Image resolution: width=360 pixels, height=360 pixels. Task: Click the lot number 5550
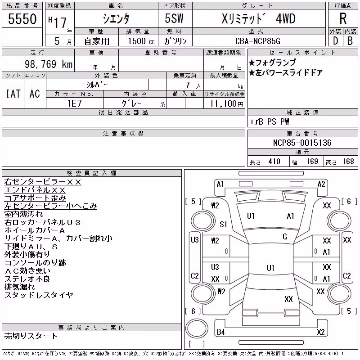click(x=22, y=19)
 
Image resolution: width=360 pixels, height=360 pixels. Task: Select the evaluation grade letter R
click(x=343, y=18)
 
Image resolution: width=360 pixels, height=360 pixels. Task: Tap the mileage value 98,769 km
click(x=49, y=64)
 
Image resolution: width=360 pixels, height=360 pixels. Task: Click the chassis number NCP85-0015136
click(x=302, y=143)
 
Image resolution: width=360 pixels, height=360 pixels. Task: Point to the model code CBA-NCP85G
click(x=258, y=41)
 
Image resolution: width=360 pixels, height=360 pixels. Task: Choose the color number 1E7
click(x=74, y=103)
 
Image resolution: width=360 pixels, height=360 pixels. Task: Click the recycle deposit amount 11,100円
click(x=227, y=104)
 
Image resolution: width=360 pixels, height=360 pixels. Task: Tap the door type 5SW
click(x=174, y=18)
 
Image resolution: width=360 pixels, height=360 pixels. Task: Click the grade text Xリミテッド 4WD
click(x=258, y=18)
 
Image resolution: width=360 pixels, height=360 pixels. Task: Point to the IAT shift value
click(x=13, y=94)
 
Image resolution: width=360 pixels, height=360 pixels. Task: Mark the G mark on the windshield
click(x=285, y=237)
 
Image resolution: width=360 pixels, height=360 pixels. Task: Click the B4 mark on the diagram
click(x=220, y=332)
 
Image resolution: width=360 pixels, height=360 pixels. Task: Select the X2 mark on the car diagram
click(x=321, y=332)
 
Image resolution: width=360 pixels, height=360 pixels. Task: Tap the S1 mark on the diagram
click(x=223, y=224)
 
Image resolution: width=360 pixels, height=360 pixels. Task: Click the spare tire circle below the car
click(x=197, y=328)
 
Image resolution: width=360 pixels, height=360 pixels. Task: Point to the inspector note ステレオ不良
click(x=27, y=279)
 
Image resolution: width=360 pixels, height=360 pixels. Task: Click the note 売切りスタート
click(x=31, y=336)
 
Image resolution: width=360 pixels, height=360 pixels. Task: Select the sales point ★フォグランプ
click(x=272, y=63)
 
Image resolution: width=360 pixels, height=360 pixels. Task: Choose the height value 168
click(x=348, y=162)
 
